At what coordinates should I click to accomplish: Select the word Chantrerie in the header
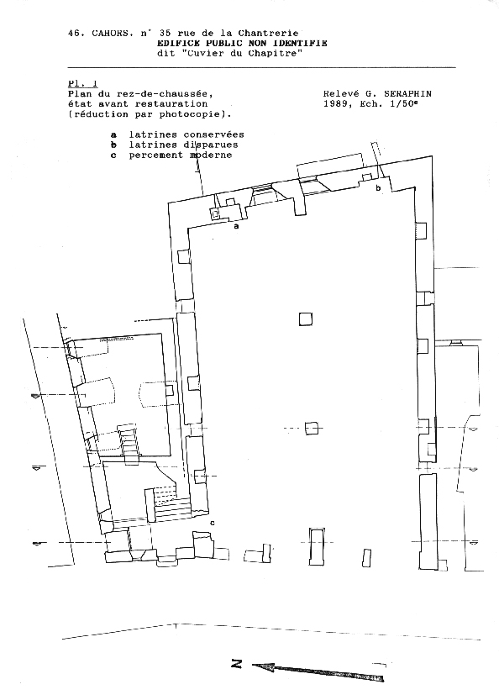tap(269, 34)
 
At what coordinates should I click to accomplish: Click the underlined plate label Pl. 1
tap(83, 84)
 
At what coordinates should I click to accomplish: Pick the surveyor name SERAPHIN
tap(407, 94)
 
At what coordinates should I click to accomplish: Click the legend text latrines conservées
tap(186, 134)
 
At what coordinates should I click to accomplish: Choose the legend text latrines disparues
tap(183, 145)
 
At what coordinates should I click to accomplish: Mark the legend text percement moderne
tap(181, 155)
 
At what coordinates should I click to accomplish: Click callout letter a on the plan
tap(236, 226)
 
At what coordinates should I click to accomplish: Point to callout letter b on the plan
tap(378, 188)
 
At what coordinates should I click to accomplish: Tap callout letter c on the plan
tap(213, 523)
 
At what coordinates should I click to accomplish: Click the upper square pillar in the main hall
tap(305, 319)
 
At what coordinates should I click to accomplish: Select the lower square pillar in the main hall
tap(312, 428)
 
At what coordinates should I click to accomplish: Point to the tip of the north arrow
tap(253, 665)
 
